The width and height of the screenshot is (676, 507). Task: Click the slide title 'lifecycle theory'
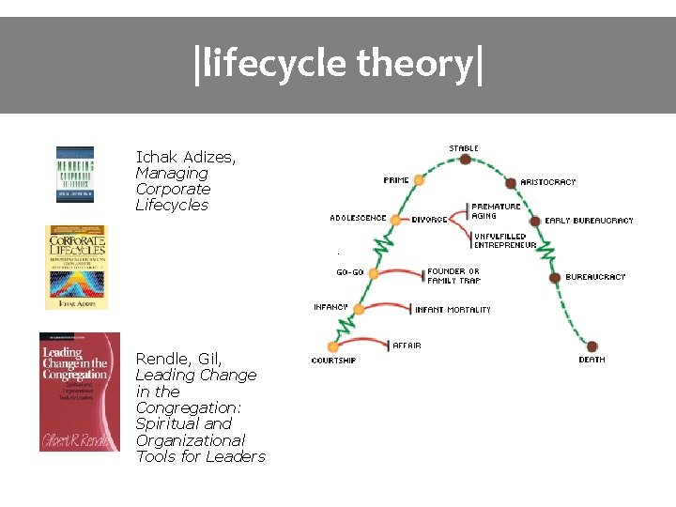tap(338, 64)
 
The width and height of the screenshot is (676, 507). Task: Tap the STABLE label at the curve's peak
tap(464, 148)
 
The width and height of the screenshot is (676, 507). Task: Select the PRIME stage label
tap(396, 180)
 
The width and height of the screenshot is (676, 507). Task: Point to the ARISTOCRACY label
tap(548, 182)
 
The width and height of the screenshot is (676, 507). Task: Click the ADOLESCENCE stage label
tap(358, 218)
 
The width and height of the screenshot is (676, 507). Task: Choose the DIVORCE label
tap(430, 220)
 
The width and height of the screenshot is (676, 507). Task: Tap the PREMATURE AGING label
tap(496, 211)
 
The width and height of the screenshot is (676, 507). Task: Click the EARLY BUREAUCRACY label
tap(589, 221)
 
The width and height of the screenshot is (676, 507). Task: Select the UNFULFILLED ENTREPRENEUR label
tap(505, 240)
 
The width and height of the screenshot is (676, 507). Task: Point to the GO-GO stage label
tap(350, 272)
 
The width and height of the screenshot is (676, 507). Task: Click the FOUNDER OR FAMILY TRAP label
tap(453, 276)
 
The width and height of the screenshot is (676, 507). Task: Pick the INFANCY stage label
tap(330, 307)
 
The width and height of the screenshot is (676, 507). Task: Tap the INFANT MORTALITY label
tap(453, 310)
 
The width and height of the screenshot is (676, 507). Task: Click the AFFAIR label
tap(407, 346)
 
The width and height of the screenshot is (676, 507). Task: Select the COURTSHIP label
tap(333, 361)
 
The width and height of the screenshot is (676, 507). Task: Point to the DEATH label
tap(591, 360)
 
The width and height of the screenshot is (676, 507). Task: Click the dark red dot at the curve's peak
tap(465, 160)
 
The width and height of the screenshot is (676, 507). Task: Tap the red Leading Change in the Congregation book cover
tap(80, 392)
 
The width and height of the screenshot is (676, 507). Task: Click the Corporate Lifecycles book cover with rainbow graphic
tap(77, 267)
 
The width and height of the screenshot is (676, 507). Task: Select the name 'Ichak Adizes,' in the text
tap(186, 157)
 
